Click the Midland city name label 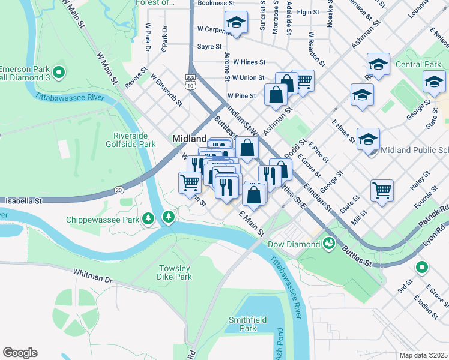pos(190,139)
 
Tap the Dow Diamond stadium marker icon pos(328,243)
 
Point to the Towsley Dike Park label pos(175,272)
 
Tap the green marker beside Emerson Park pos(58,73)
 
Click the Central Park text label pos(417,64)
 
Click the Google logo pos(20,352)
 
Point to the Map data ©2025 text pos(423,355)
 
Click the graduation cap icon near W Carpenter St pos(237,23)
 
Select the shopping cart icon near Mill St pos(382,191)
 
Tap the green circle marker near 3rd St pos(422,268)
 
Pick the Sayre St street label pos(209,46)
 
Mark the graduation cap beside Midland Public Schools pos(367,140)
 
